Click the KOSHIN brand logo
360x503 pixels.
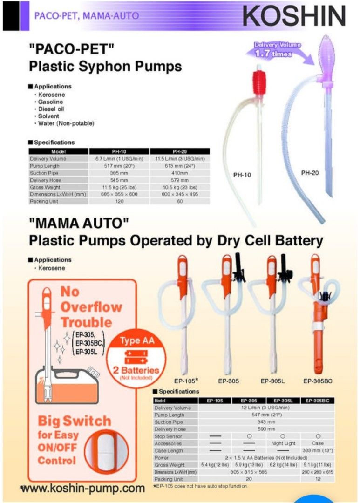click(294, 16)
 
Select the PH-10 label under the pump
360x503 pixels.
click(242, 175)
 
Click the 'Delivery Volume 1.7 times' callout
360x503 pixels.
click(278, 49)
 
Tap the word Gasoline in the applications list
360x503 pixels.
click(51, 102)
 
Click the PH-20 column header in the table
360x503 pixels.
click(180, 151)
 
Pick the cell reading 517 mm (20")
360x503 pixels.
click(119, 166)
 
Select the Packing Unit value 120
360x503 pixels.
click(119, 201)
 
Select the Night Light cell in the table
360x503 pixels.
click(283, 443)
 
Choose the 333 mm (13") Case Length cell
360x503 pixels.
click(318, 450)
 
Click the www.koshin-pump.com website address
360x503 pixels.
click(83, 488)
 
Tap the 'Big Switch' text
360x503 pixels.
click(75, 421)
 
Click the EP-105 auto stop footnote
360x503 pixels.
click(200, 486)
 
